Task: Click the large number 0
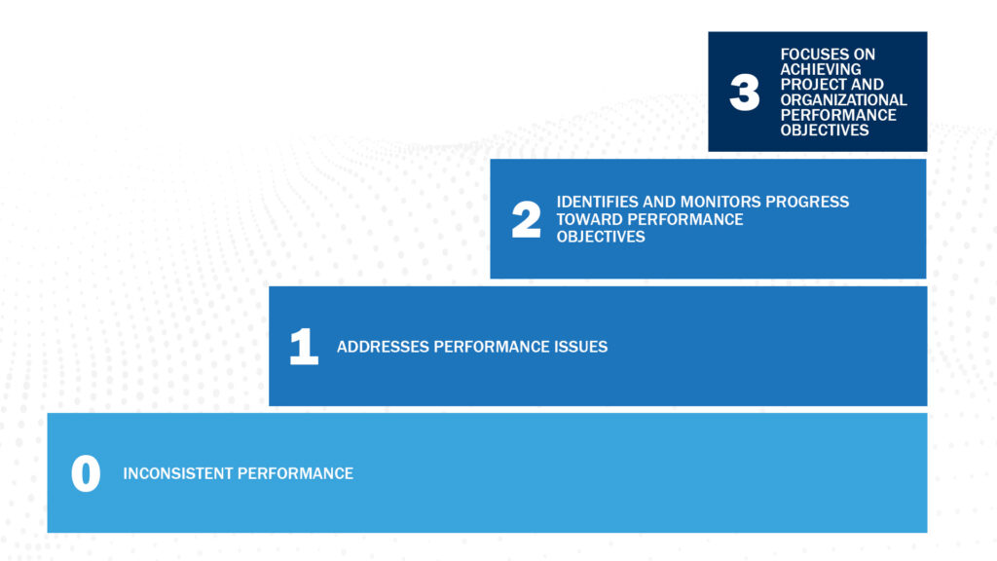click(x=86, y=474)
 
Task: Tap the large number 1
click(x=304, y=348)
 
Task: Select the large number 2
click(x=526, y=221)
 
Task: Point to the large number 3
click(x=745, y=93)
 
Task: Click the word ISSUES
click(x=582, y=347)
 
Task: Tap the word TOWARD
click(x=588, y=219)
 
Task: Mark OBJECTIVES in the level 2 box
click(x=601, y=237)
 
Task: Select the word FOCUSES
click(x=814, y=55)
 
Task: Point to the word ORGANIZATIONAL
click(x=843, y=99)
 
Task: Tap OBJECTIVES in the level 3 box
click(x=825, y=130)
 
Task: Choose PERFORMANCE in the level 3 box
click(x=838, y=115)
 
